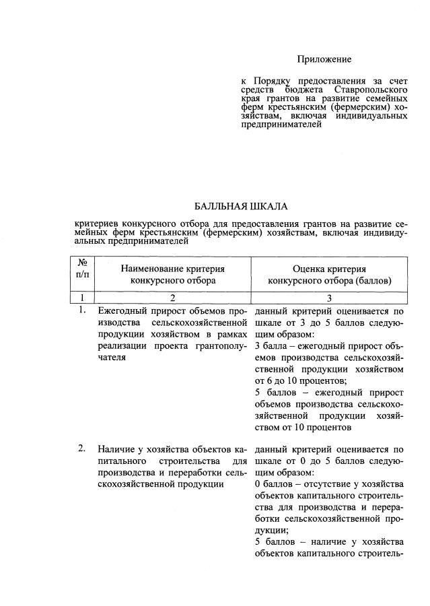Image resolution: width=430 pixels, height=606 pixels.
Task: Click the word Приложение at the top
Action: point(324,60)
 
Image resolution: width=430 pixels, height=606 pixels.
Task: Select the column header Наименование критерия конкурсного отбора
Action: point(173,275)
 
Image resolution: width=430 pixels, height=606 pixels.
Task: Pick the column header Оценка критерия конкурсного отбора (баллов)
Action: point(330,275)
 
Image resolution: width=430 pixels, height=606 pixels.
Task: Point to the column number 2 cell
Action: point(173,298)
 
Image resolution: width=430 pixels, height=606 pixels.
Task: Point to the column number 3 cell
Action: point(330,298)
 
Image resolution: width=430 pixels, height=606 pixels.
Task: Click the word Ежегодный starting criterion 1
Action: point(123,312)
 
